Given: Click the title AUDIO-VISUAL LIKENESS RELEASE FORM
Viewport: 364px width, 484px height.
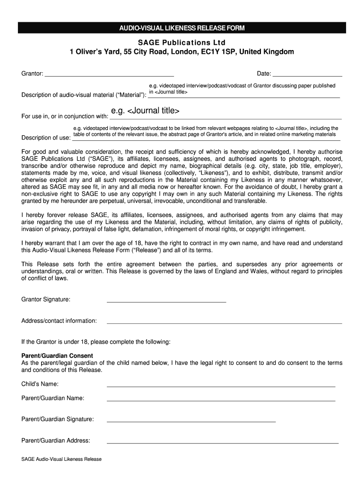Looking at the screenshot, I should pos(182,28).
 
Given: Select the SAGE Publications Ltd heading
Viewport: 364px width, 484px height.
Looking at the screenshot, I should pos(182,42).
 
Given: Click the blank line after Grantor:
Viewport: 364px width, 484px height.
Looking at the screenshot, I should pos(109,76).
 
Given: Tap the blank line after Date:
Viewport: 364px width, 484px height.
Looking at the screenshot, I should pos(307,76).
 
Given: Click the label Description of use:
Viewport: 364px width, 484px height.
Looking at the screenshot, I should pos(46,138).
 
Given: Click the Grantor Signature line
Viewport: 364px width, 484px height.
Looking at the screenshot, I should pos(166,301).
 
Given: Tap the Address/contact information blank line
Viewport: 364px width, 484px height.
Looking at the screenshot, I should pos(224,323).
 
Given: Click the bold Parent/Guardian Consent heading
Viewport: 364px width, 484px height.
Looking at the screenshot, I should pos(57,355).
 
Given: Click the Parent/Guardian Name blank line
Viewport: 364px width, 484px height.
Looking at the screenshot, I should pos(221,400).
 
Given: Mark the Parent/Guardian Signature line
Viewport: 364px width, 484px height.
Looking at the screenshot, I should pos(191,421).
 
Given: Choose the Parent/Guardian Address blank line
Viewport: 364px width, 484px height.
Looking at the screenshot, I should pos(223,443).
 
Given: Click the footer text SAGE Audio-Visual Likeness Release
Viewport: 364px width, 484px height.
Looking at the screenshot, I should pos(61,459).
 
